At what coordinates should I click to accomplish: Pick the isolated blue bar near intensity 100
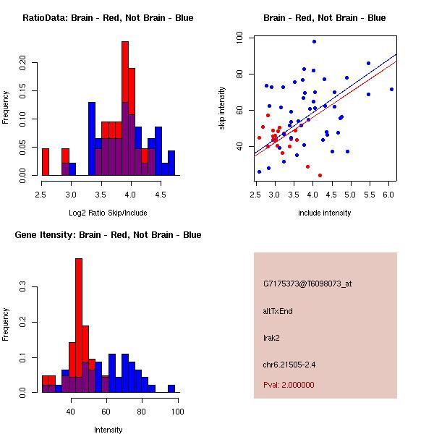click(x=171, y=388)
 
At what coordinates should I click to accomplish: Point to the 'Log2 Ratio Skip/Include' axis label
click(x=108, y=213)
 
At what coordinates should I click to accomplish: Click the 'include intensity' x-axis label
click(x=324, y=213)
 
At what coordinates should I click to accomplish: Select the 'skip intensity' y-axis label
click(x=224, y=109)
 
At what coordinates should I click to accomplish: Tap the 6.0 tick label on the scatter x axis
click(x=388, y=195)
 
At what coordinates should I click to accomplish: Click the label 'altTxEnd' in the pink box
click(x=278, y=311)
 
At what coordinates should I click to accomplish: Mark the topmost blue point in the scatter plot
click(x=314, y=41)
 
